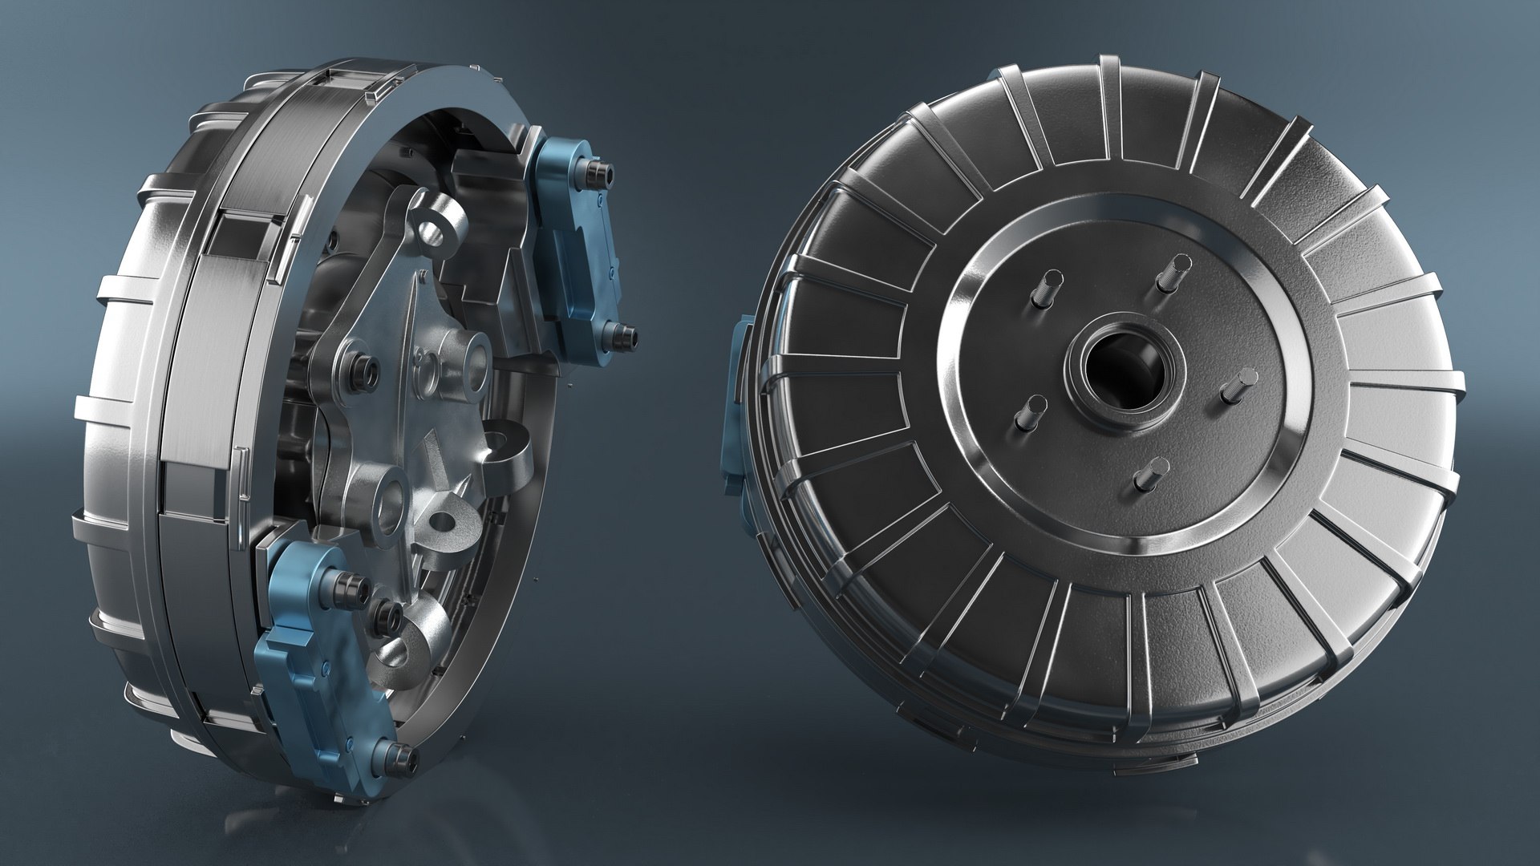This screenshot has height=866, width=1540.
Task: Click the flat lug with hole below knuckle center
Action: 449,521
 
